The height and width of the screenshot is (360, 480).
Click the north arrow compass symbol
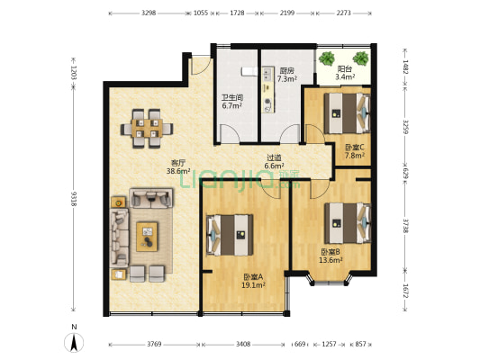click(74, 342)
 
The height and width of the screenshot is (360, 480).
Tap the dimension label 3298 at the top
click(149, 13)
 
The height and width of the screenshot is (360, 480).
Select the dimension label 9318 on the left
click(74, 199)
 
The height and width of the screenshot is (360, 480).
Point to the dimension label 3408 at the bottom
click(243, 344)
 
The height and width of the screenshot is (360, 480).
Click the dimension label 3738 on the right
click(405, 226)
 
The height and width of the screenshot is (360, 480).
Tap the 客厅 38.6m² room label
click(178, 166)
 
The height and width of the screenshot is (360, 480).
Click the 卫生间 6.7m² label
click(232, 102)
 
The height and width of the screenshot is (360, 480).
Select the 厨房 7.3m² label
click(287, 75)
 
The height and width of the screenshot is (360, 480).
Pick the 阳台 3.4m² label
click(345, 73)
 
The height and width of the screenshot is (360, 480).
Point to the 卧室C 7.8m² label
click(355, 151)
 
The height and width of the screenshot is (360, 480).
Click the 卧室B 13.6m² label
click(331, 256)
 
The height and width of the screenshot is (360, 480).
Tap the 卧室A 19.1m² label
click(253, 281)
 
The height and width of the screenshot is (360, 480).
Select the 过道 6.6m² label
click(274, 162)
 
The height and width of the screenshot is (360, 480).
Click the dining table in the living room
click(147, 129)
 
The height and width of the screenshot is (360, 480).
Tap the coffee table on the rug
click(147, 237)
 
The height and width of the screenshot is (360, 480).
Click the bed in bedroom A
click(230, 235)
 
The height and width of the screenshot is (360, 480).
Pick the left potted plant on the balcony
click(327, 58)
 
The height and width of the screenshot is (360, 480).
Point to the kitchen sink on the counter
click(267, 75)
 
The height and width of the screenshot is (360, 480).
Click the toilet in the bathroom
click(249, 71)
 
